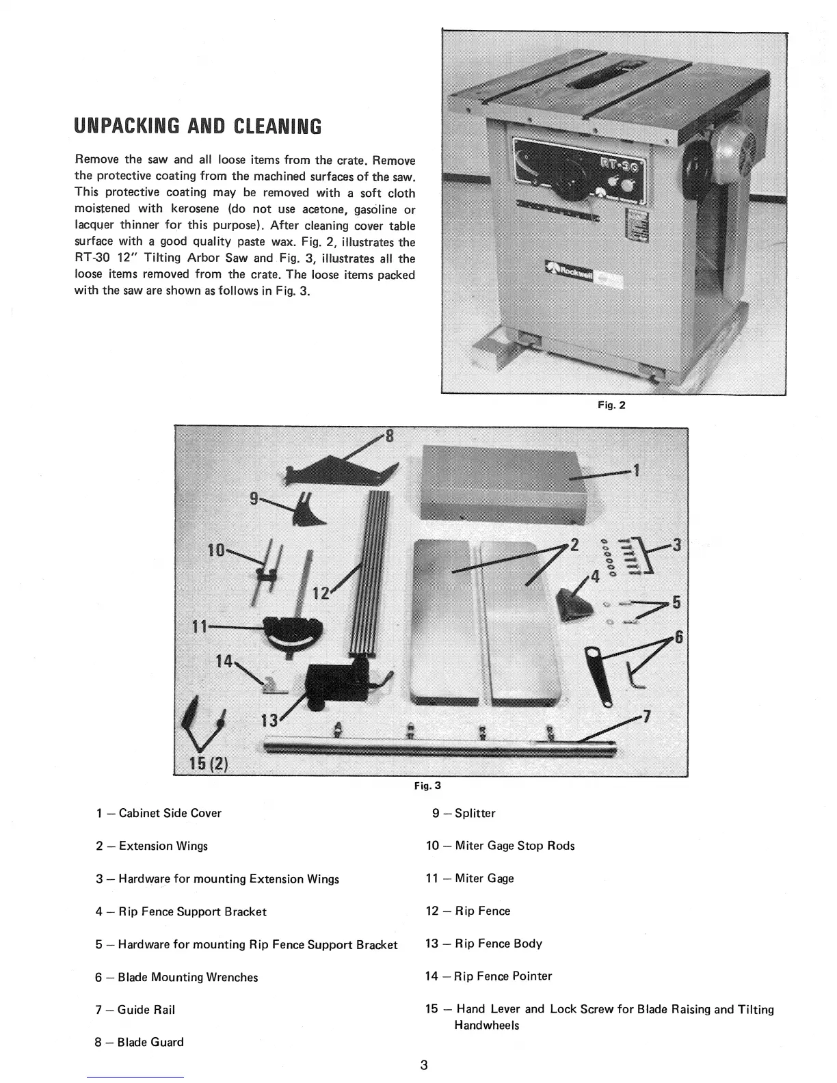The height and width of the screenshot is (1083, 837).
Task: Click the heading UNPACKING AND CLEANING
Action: [198, 126]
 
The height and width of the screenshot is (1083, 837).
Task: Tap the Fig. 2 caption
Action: [611, 405]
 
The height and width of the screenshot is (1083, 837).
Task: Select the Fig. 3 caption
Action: [427, 786]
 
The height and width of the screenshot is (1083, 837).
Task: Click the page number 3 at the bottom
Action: [424, 1065]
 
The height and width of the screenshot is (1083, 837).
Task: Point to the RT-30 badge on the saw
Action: [619, 165]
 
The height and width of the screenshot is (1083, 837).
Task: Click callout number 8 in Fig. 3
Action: [390, 436]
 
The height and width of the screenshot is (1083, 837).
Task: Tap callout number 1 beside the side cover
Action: [636, 470]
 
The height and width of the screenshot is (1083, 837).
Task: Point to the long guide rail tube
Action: [438, 747]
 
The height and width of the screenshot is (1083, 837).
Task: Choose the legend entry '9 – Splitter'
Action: [464, 813]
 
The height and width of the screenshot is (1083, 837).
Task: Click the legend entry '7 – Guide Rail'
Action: [135, 1010]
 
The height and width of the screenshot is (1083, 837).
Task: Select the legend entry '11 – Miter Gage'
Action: [469, 879]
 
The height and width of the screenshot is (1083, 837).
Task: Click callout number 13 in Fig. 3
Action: [271, 721]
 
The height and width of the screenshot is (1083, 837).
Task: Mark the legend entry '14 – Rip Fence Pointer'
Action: [488, 976]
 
